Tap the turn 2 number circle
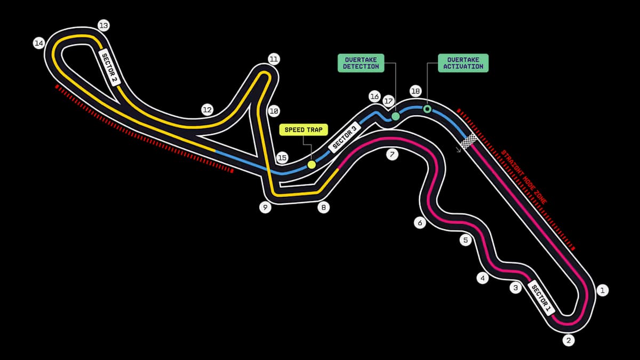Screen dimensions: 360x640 click(x=569, y=340)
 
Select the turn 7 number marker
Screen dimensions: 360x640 click(x=392, y=155)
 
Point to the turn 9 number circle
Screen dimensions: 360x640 click(x=266, y=207)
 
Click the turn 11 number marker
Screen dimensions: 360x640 click(x=274, y=59)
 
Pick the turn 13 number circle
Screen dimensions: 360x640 click(x=103, y=25)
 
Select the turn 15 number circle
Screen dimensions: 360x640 click(x=283, y=158)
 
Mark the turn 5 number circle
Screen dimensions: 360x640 click(x=466, y=241)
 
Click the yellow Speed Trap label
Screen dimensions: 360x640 click(x=302, y=130)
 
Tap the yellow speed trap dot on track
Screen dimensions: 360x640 click(x=311, y=165)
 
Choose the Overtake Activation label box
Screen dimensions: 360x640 click(x=463, y=63)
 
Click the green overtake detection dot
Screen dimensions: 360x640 click(x=395, y=116)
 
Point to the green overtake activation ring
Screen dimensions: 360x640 click(x=427, y=109)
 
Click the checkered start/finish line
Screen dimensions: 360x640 click(x=469, y=141)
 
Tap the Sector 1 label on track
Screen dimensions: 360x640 click(x=541, y=298)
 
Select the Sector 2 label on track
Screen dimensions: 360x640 click(x=111, y=68)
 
